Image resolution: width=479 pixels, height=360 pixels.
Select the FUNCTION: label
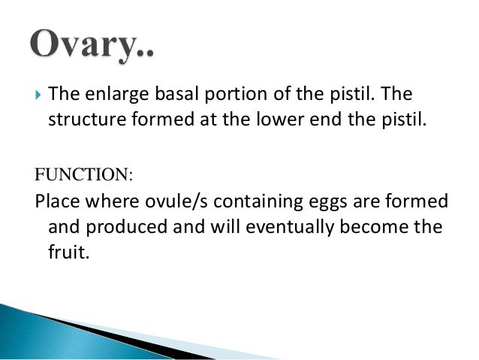coord(83,175)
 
